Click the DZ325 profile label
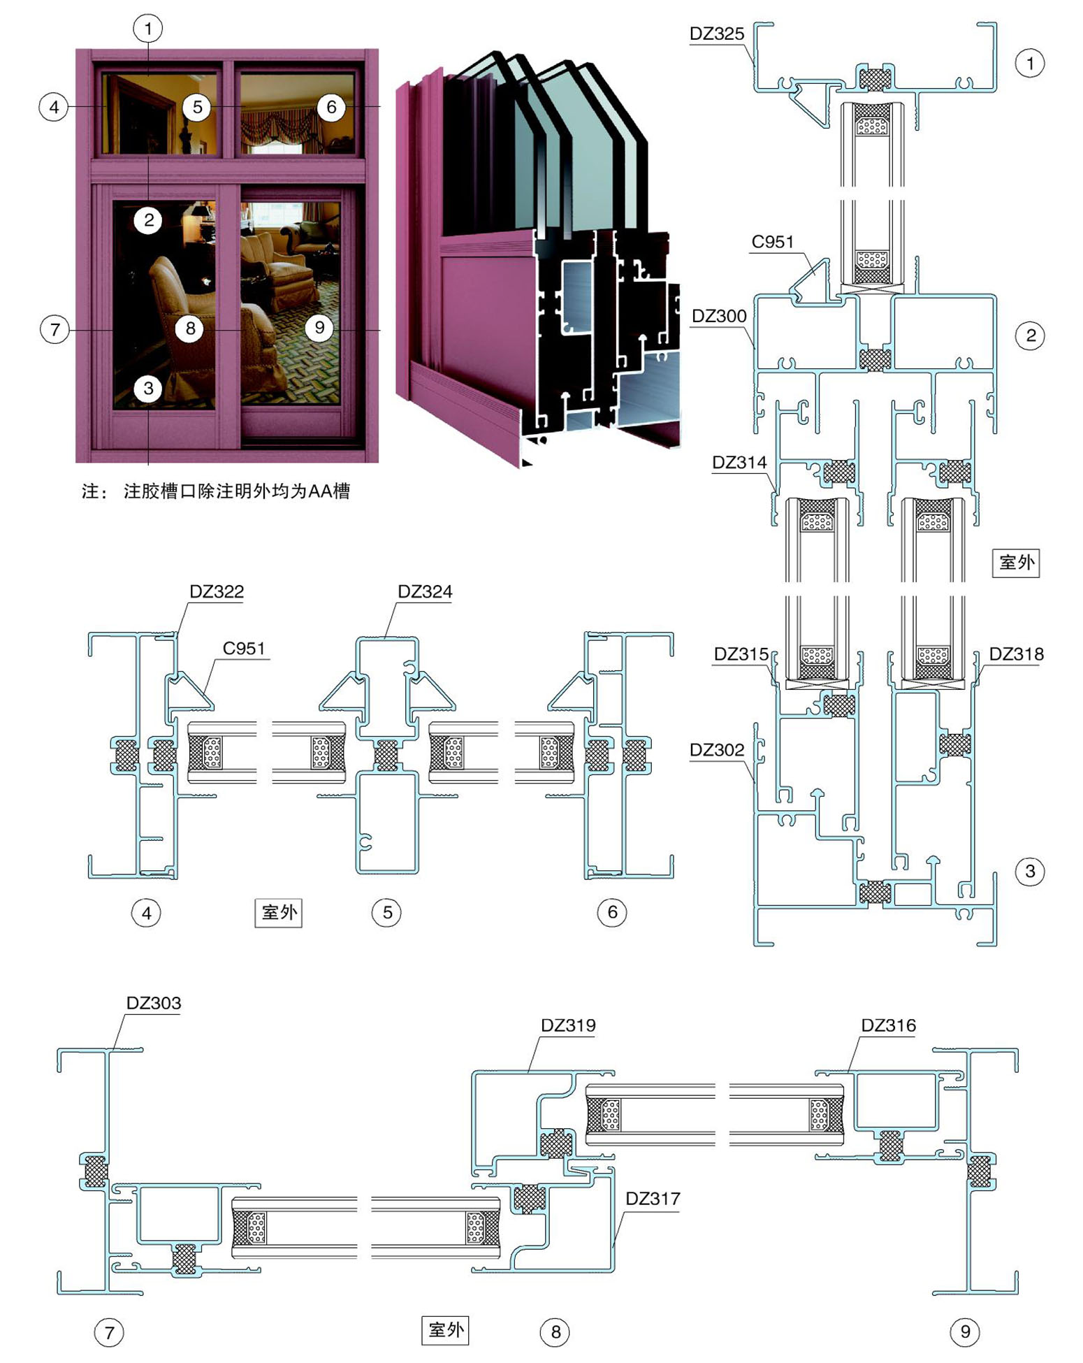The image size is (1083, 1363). (716, 34)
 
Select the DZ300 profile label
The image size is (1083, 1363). (719, 316)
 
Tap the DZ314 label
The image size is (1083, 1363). (739, 462)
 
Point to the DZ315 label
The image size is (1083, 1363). (741, 654)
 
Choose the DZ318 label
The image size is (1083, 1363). (1016, 654)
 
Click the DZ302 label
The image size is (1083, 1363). (717, 750)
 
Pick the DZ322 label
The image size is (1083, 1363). (217, 591)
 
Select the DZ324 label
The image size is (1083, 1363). (425, 591)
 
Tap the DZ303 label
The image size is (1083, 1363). (153, 1003)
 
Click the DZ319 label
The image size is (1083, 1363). (568, 1025)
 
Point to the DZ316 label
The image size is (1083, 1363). (888, 1025)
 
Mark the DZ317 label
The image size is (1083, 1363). (653, 1199)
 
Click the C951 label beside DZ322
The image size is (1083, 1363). (244, 648)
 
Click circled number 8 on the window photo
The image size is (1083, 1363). (189, 328)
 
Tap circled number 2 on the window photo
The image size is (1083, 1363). (148, 220)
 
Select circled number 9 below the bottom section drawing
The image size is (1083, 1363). (965, 1332)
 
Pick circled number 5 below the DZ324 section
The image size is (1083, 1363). (387, 912)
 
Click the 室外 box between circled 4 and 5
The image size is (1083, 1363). (279, 912)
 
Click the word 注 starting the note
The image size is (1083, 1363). (90, 491)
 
